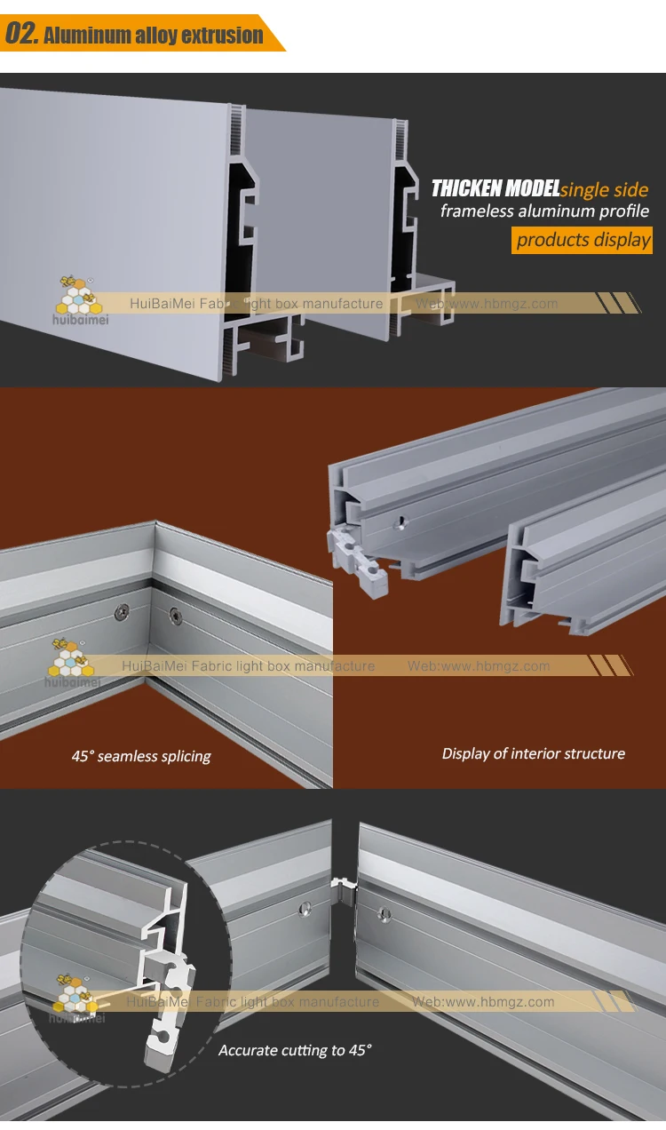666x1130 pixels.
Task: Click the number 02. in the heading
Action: point(21,34)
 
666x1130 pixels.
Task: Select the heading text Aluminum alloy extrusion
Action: point(153,36)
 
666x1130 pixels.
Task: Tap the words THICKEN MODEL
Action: point(495,188)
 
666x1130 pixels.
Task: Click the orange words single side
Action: point(605,189)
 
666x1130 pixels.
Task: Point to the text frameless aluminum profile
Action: point(544,211)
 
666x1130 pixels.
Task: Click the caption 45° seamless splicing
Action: point(141,757)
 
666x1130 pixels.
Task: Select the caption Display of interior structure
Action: point(533,753)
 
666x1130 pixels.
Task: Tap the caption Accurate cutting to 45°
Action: point(295,1050)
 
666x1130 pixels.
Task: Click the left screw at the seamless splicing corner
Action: point(123,610)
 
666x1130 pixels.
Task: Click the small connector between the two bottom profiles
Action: point(341,884)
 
